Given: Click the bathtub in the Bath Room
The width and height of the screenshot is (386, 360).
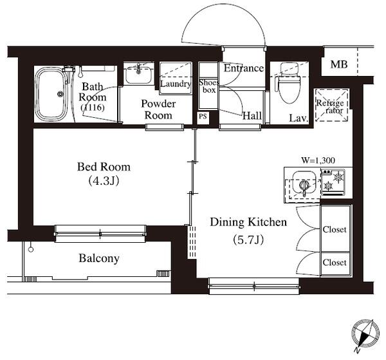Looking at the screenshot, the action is (51, 94).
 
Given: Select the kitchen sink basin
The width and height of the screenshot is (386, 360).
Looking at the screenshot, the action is (304, 183).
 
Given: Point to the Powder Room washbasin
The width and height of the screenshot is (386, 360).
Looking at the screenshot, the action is (138, 73).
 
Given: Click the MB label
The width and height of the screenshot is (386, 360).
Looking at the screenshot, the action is (339, 64).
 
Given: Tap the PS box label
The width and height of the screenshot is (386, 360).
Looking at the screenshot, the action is (203, 117).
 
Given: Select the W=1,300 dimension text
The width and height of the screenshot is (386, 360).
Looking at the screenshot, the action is (318, 160).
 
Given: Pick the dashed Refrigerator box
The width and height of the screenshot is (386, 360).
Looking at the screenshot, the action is (331, 105).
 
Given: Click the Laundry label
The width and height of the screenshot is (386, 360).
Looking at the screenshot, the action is (176, 84).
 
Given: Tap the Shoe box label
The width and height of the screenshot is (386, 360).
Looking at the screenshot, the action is (208, 86).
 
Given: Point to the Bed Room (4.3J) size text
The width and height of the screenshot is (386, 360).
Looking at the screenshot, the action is (104, 180).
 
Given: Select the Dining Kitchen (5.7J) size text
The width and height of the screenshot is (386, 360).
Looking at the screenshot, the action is (248, 240).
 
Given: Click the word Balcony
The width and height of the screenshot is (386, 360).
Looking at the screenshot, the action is (99, 258).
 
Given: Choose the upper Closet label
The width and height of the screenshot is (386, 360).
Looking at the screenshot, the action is (335, 229).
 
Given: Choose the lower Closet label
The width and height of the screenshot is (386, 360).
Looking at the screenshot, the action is (335, 262).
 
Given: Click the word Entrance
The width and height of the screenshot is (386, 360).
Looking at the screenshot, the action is (244, 68).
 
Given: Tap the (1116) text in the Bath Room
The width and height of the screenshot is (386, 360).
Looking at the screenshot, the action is (93, 108).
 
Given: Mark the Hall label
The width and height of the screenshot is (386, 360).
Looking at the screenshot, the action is (252, 116).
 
